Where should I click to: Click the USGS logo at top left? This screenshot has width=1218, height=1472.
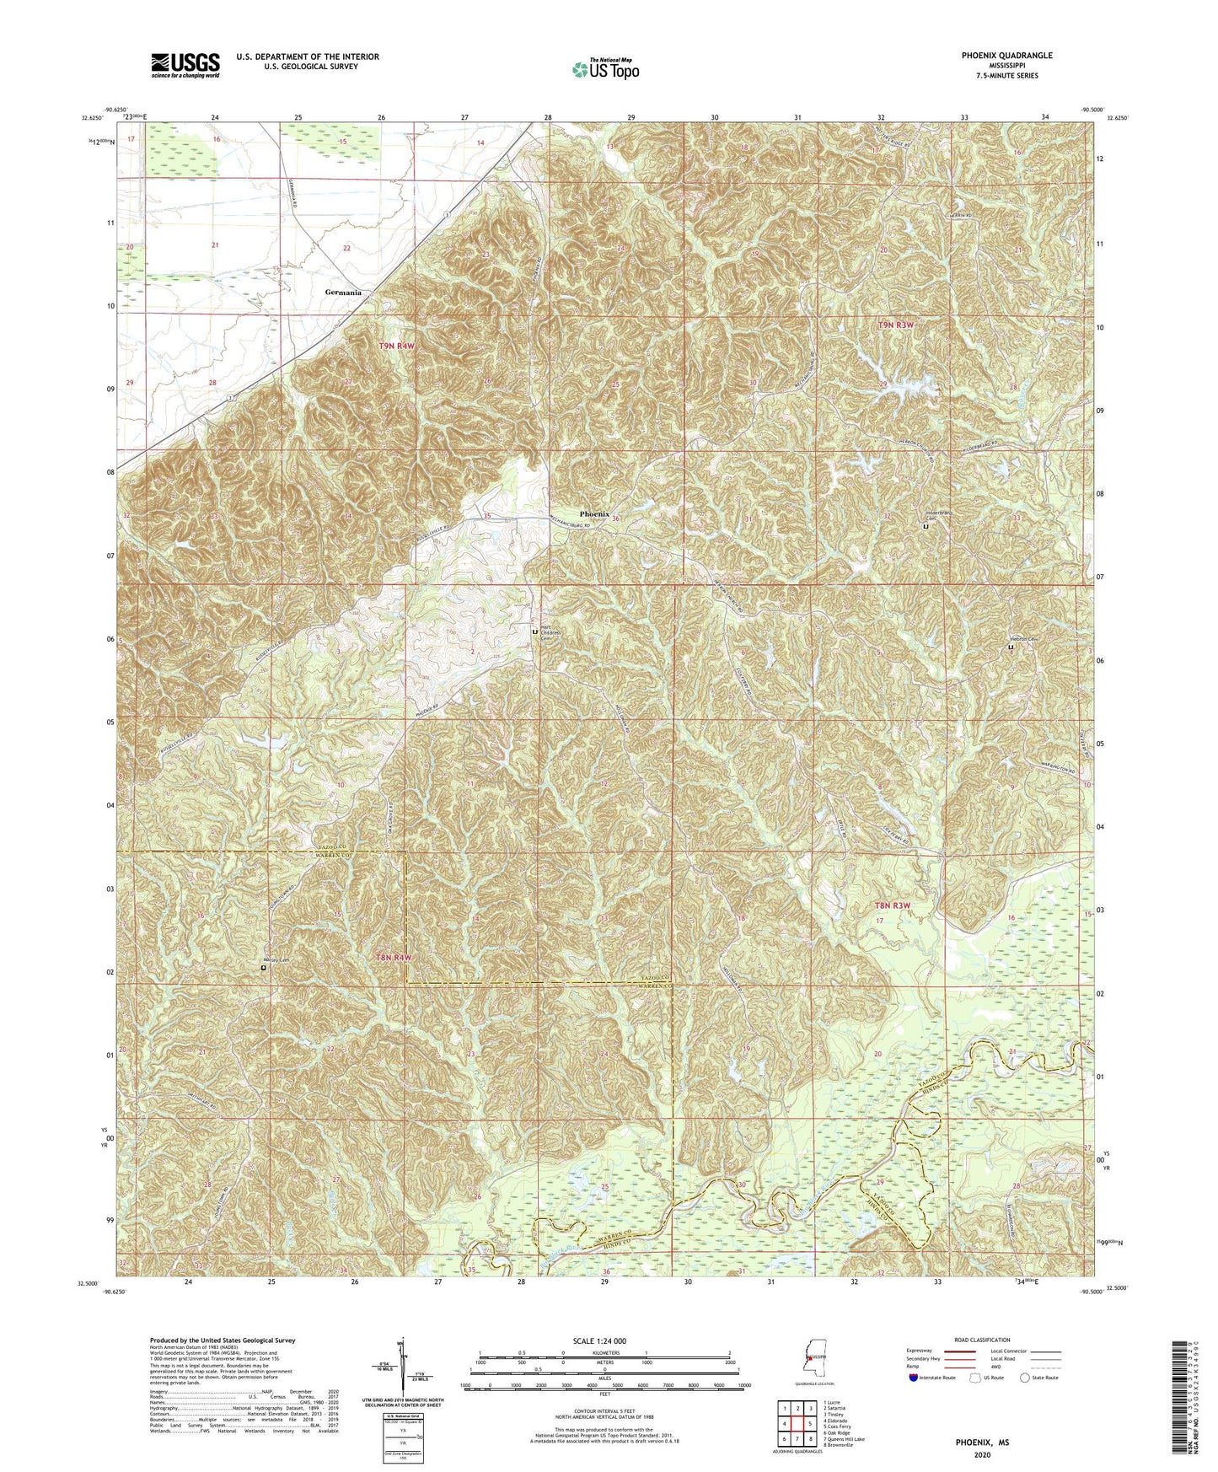(x=185, y=64)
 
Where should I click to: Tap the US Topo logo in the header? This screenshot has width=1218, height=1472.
(x=605, y=69)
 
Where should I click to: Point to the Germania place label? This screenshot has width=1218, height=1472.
(x=343, y=293)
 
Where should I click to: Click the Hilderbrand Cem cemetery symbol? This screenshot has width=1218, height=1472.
(x=926, y=526)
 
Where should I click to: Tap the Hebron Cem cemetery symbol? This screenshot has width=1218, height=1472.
(x=1011, y=647)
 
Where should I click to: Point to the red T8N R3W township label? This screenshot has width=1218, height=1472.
(x=893, y=905)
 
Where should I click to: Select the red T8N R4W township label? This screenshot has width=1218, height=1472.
(x=394, y=958)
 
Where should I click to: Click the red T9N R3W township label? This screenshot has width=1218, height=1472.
(x=895, y=325)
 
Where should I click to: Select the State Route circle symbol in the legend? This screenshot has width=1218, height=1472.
(x=1024, y=1378)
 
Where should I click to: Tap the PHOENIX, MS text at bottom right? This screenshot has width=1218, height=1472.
(x=981, y=1442)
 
